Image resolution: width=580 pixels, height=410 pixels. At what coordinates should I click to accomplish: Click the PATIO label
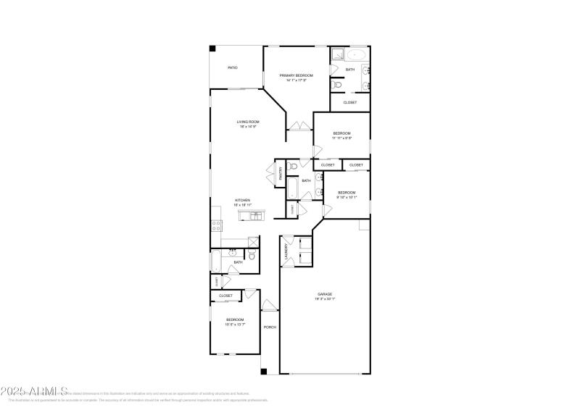click(233, 67)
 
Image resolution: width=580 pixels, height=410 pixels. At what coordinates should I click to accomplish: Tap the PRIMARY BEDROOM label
click(297, 75)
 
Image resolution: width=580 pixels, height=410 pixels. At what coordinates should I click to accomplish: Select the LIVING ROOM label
click(248, 122)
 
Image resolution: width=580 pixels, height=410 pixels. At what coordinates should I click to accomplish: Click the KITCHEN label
click(242, 200)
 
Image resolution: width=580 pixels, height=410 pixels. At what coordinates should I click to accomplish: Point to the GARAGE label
click(324, 294)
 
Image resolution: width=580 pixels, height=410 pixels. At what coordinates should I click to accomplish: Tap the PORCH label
click(270, 327)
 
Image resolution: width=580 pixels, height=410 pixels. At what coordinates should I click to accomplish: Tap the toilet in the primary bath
click(335, 85)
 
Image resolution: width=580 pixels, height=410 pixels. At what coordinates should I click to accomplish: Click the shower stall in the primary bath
click(337, 54)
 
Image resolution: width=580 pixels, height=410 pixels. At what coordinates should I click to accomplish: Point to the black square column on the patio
click(212, 49)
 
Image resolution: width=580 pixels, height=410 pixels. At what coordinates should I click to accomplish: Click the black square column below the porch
click(264, 372)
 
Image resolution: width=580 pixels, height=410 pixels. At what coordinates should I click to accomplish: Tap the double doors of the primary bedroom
click(296, 126)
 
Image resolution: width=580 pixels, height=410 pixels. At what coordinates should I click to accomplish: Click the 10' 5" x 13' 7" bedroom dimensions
click(235, 325)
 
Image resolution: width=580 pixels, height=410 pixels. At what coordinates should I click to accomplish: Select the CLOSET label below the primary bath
click(350, 102)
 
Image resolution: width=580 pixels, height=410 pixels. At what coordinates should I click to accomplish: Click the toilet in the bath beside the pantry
click(292, 167)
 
